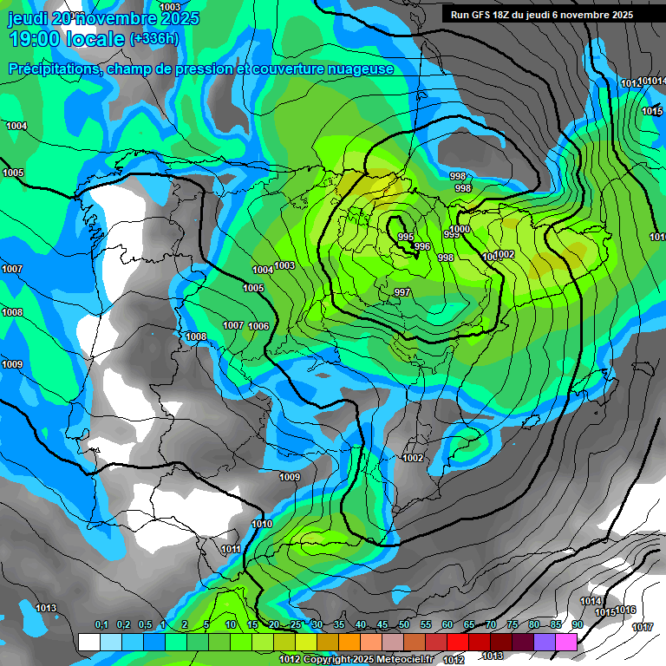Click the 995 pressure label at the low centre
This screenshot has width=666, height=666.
(x=405, y=237)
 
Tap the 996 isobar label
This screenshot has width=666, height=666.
(x=422, y=247)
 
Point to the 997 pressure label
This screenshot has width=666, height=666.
(x=402, y=292)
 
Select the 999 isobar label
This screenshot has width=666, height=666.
(x=452, y=234)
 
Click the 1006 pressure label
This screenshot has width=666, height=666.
(x=258, y=326)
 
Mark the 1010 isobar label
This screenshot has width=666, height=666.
(x=261, y=524)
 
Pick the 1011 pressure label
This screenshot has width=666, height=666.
(x=231, y=550)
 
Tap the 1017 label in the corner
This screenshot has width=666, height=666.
(x=643, y=627)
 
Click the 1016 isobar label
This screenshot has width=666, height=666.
(x=626, y=610)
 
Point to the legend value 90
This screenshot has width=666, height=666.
(x=577, y=625)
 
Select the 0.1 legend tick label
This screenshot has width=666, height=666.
(x=101, y=625)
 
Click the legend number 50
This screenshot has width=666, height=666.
(x=404, y=625)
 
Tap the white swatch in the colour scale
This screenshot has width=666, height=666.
(x=88, y=642)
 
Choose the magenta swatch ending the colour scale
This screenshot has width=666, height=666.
(x=566, y=642)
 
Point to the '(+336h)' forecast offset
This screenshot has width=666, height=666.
(x=154, y=39)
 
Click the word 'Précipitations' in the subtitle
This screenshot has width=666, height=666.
(x=54, y=69)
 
